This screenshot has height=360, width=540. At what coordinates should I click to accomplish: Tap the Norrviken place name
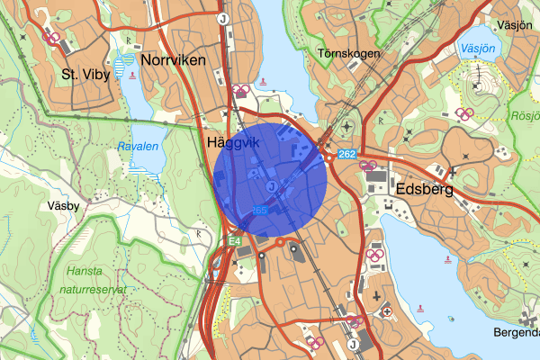(x=174, y=60)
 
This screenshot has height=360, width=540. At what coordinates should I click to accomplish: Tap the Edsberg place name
(x=426, y=191)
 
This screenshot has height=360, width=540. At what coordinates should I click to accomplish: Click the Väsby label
(x=63, y=205)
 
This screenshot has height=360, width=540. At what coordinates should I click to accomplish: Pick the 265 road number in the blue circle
(x=260, y=210)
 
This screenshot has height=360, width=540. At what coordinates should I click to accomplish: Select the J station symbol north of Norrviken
(x=221, y=16)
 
